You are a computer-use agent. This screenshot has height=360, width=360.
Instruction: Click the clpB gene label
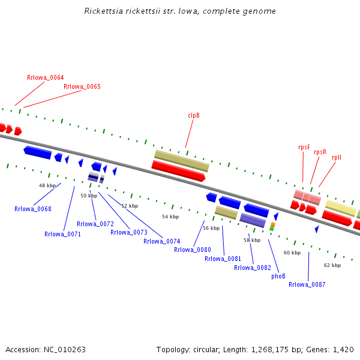194,115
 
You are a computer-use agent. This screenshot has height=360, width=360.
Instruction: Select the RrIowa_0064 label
45,77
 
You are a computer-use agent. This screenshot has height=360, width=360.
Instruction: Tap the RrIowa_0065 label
82,86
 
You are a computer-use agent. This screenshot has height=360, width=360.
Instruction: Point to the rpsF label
304,147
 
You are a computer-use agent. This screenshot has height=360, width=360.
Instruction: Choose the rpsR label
320,152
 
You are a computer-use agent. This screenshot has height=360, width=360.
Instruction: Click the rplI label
337,157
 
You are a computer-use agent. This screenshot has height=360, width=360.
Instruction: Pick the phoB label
278,276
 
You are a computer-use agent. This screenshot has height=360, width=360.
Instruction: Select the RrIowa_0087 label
307,284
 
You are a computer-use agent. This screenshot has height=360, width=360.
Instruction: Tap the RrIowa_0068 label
33,209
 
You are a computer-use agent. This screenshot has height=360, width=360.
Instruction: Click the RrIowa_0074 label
162,241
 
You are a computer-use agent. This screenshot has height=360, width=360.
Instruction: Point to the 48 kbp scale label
47,185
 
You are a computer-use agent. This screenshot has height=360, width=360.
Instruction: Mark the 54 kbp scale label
170,217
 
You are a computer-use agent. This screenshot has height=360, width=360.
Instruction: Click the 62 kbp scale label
332,265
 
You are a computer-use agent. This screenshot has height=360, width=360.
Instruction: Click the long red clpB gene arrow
178,171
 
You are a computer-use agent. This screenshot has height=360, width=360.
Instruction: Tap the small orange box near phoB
273,224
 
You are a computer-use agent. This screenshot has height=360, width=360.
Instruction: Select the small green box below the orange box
272,229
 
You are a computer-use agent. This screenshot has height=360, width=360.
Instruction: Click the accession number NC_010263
65,350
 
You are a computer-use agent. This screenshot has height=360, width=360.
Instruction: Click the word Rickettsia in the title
104,11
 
